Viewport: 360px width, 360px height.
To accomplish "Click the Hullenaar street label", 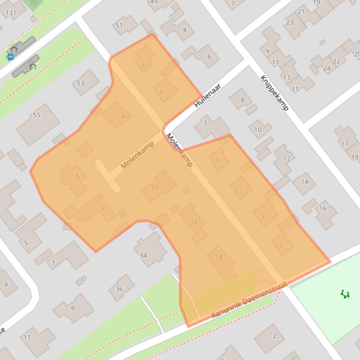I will pyautogui.click(x=207, y=95).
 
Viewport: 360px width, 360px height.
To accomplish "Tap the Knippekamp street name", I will pyautogui.click(x=274, y=93).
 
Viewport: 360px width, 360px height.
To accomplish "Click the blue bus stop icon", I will pyautogui.click(x=10, y=57).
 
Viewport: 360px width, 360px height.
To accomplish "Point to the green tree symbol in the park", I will pyautogui.click(x=345, y=294).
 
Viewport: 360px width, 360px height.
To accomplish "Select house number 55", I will pyautogui.click(x=36, y=115).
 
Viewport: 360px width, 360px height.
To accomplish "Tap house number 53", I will pyautogui.click(x=81, y=83).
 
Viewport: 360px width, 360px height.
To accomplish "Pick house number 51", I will pyautogui.click(x=119, y=25).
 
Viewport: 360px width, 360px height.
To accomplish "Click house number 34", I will pyautogui.click(x=144, y=255).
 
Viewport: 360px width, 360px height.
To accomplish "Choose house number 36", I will pyautogui.click(x=119, y=289).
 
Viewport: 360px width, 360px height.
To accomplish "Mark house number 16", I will pyautogui.click(x=323, y=208).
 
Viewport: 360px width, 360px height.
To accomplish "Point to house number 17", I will pyautogui.click(x=345, y=144).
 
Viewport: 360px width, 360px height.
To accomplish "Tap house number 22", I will pyautogui.click(x=337, y=61).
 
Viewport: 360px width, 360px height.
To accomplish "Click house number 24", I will pyautogui.click(x=327, y=69).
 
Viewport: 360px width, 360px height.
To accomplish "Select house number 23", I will pyautogui.click(x=290, y=22).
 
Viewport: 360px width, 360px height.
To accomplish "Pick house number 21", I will pyautogui.click(x=301, y=12).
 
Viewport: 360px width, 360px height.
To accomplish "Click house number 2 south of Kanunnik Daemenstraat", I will pyautogui.click(x=274, y=336).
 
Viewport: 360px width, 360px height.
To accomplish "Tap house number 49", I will pyautogui.click(x=154, y=2).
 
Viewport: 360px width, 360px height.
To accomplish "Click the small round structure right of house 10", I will pyautogui.click(x=187, y=190).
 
